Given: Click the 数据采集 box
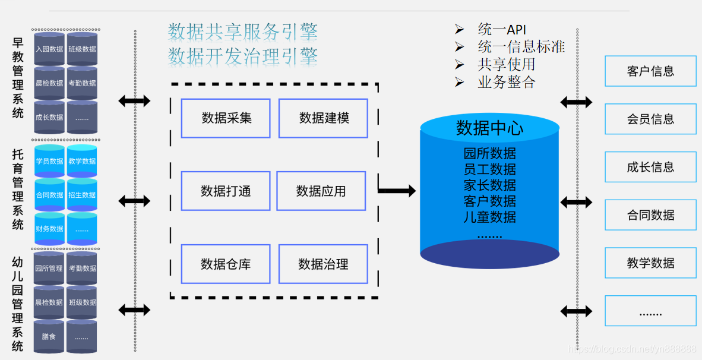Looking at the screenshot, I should pos(226,118).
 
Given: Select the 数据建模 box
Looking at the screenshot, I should pos(323,118).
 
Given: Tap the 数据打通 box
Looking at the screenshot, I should pos(226,191).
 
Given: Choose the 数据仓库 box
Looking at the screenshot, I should pos(226,264).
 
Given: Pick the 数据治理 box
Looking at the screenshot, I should pos(323,264).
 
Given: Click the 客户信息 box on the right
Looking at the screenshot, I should pos(650,71).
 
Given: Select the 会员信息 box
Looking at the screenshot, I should pos(650,119).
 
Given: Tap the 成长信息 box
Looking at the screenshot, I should pos(650,167).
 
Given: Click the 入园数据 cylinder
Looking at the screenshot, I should pos(49,49).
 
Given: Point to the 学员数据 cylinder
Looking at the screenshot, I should pos(49,161).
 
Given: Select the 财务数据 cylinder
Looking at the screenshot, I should pos(49,229).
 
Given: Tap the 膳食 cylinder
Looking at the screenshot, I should pos(49,336).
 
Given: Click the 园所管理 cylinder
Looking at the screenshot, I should pos(49,269).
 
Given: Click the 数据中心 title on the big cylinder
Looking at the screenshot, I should pos(489,128).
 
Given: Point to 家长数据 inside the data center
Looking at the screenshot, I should pos(489,185).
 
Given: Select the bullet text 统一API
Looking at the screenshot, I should pos(502,30).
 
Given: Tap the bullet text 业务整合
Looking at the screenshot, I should pos(506,82).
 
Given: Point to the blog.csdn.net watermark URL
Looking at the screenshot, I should pos(633,349).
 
